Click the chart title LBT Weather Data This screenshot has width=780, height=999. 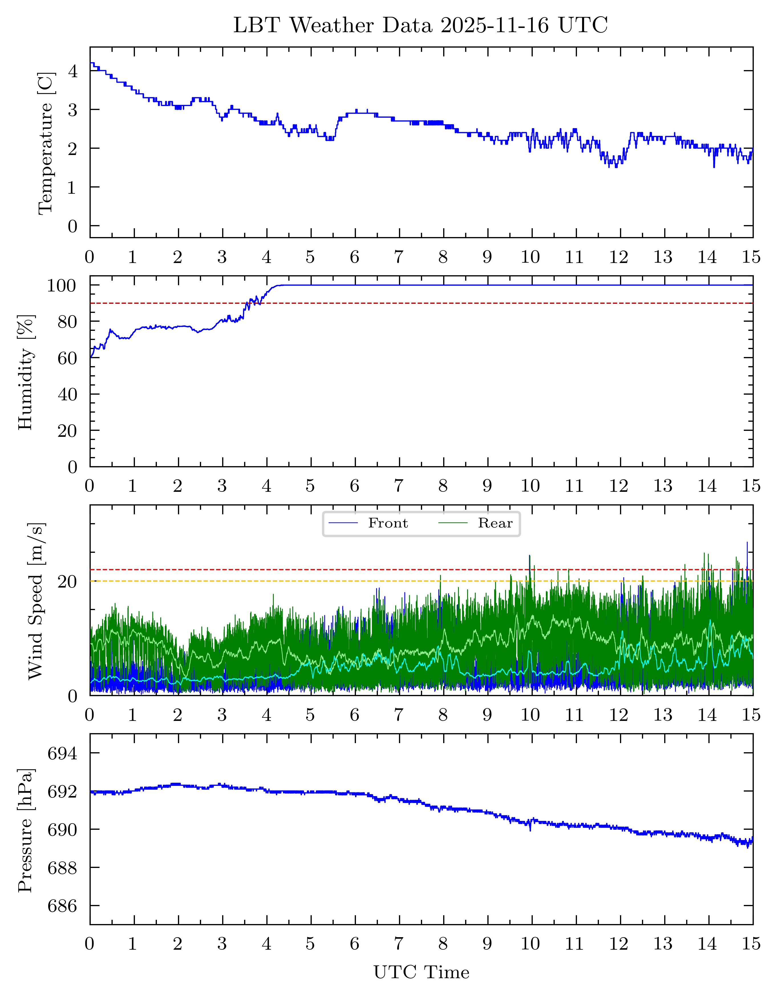[420, 25]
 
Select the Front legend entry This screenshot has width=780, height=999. [387, 523]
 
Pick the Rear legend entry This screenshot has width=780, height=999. [495, 523]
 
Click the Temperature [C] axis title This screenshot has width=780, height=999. [46, 143]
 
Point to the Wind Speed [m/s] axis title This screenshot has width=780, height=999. [36, 601]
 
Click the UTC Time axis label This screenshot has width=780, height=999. [421, 973]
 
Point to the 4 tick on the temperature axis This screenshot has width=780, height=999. [72, 71]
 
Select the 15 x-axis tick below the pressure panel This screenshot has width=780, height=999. [751, 944]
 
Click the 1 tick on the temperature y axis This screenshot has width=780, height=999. [72, 187]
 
